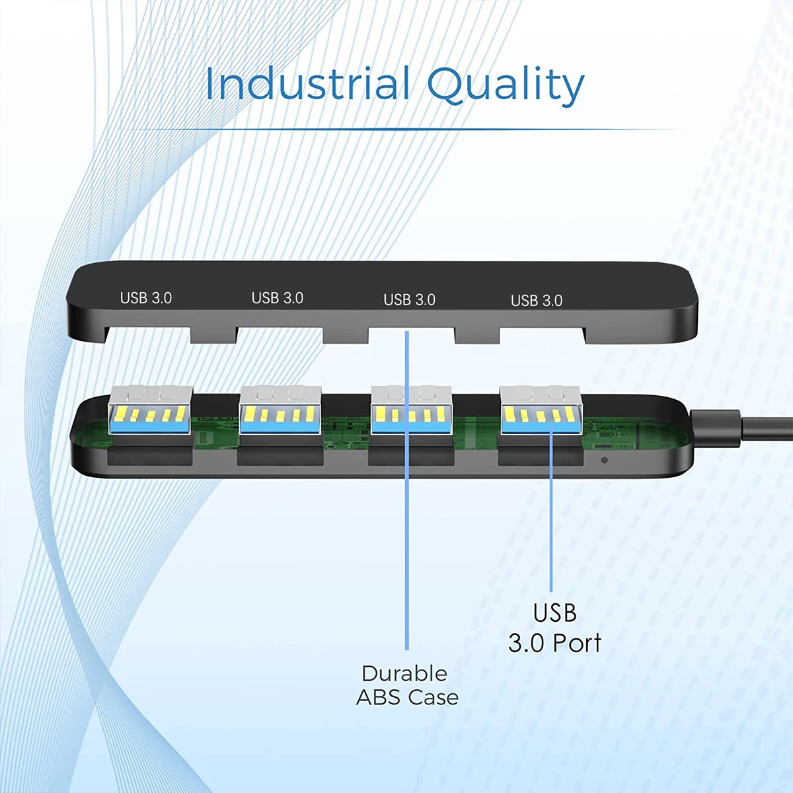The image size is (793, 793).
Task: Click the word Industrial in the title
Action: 308,85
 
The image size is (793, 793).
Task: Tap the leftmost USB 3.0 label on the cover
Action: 145,298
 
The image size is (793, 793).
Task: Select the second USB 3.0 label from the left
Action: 277,298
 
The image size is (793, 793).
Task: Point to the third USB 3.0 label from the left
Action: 409,299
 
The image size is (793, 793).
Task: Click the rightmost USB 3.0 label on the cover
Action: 536,301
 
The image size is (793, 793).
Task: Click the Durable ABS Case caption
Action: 406,685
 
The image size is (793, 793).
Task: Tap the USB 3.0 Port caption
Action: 554,628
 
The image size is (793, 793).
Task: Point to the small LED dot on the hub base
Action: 604,460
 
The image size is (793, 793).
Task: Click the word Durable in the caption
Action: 404,673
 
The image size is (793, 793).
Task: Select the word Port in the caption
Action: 577,643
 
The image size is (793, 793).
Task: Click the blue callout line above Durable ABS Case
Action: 407,562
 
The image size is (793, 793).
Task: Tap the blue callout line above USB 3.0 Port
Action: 551,529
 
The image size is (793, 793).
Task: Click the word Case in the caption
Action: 433,697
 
